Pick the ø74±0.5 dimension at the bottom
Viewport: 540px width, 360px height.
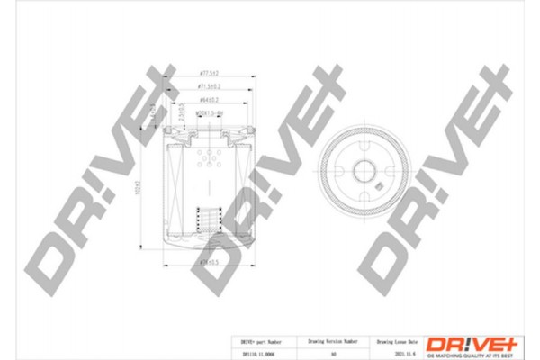click(x=209, y=262)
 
